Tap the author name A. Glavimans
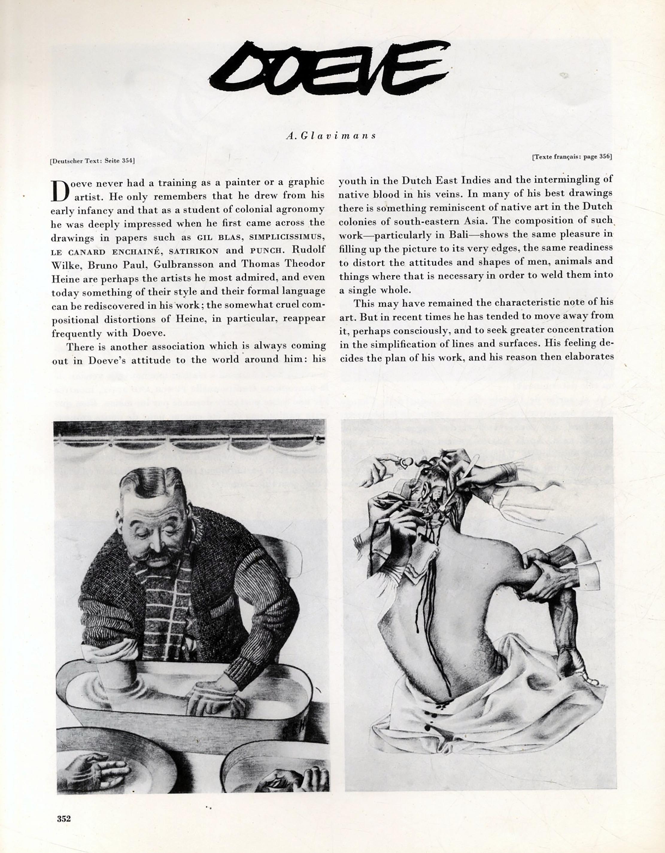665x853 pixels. pos(330,135)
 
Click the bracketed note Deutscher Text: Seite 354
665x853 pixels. pos(92,160)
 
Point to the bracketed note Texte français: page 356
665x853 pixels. pos(572,157)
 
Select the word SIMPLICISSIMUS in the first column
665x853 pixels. pos(287,237)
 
